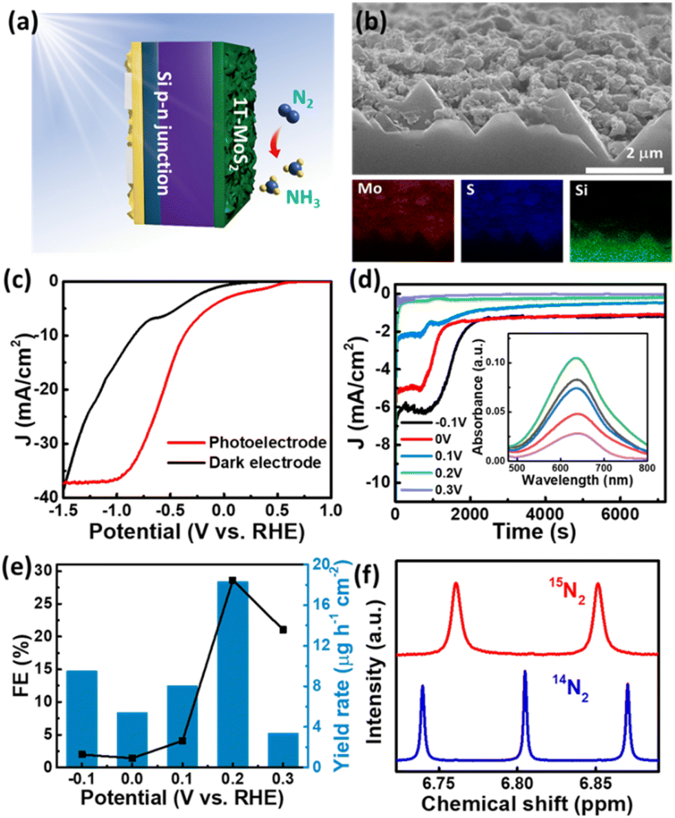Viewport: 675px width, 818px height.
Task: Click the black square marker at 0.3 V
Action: tap(283, 630)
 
